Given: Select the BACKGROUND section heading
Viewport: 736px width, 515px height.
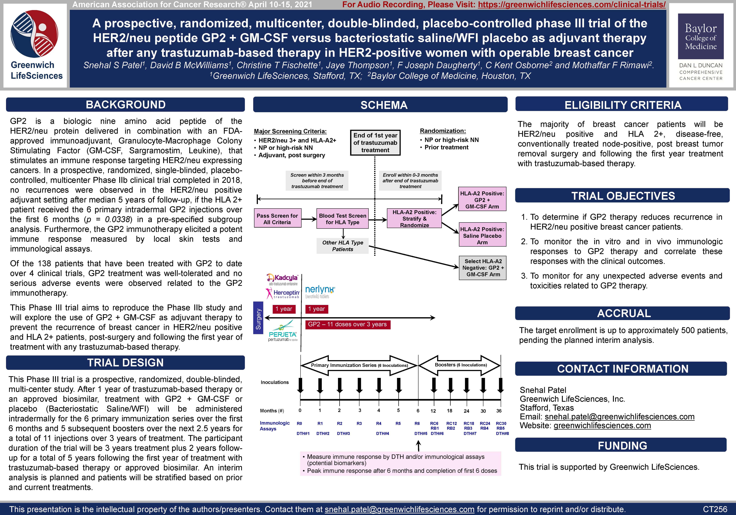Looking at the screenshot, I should click(x=125, y=105).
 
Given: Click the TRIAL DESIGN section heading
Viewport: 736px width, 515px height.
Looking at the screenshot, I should click(x=125, y=362).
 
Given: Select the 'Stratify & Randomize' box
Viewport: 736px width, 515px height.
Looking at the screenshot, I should click(x=414, y=219).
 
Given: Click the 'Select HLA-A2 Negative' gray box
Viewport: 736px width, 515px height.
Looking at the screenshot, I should click(x=483, y=268).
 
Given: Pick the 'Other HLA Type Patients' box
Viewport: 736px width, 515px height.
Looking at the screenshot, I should click(x=342, y=246).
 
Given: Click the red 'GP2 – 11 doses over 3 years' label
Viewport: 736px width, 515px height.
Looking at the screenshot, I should click(x=348, y=324).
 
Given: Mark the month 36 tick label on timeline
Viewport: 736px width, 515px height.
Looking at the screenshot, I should click(x=499, y=411).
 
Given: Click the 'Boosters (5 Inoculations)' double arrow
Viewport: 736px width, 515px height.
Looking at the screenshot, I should click(x=460, y=365).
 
